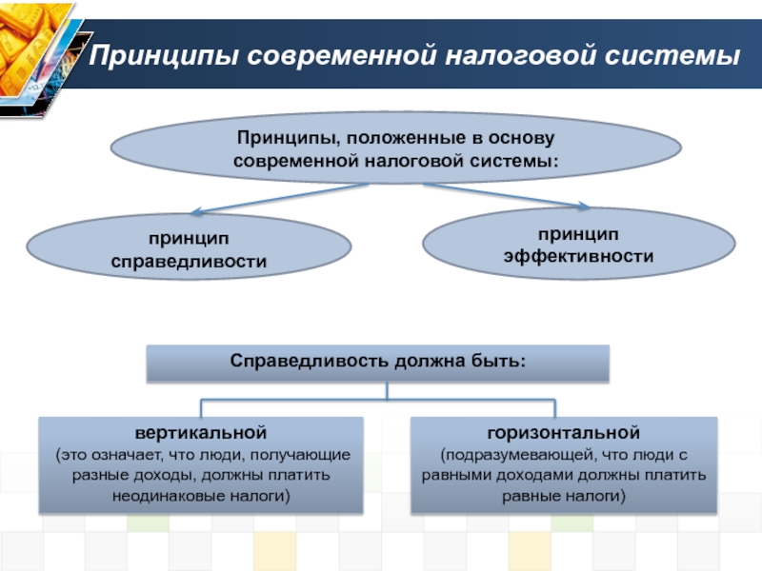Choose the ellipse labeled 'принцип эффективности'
[578, 245]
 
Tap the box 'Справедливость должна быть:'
[377, 363]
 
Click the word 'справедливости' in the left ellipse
[189, 260]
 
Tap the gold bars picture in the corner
[36, 57]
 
